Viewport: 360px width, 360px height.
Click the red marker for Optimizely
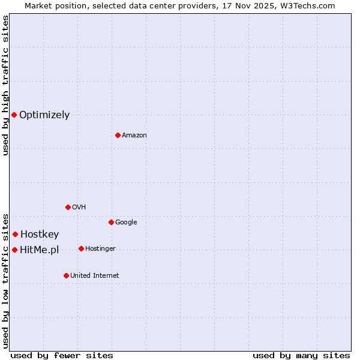pos(14,115)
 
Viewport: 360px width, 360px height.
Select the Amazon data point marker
pos(118,135)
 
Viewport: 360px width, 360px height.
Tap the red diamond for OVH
pos(68,207)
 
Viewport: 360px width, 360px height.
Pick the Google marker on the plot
pos(111,222)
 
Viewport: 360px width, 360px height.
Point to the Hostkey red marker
pos(15,234)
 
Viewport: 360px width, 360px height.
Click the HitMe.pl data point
pos(14,250)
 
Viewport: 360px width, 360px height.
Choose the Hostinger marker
pos(81,248)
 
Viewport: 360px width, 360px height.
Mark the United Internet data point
pos(66,275)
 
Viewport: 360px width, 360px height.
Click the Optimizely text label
pos(44,115)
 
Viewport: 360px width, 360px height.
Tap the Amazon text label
pos(134,136)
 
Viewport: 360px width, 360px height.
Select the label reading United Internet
pos(95,276)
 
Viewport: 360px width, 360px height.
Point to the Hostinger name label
pos(101,249)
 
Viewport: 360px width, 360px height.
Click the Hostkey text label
pos(40,235)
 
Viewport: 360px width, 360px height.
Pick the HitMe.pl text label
pos(40,250)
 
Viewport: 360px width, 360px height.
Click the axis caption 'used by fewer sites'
pos(62,356)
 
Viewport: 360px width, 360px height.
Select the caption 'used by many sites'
pos(301,356)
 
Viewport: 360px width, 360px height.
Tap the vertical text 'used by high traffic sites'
pos(5,85)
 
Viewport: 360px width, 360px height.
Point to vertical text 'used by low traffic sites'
pos(5,281)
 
